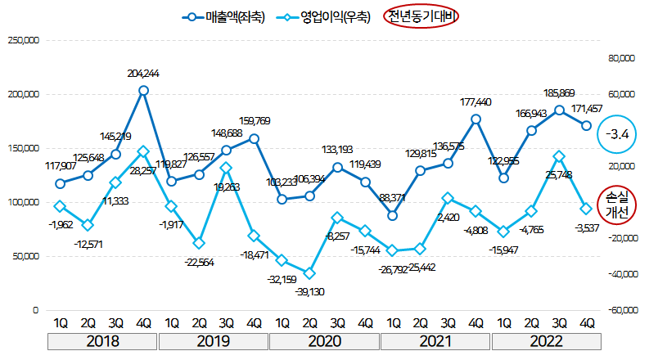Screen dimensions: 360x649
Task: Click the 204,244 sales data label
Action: pos(143,74)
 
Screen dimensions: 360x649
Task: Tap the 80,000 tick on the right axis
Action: pos(620,58)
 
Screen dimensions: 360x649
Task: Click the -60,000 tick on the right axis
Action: pos(619,311)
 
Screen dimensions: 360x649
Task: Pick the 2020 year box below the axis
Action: pos(325,340)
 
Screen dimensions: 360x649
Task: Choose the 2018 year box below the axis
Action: pos(102,340)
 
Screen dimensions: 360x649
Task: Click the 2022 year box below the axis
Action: pos(546,340)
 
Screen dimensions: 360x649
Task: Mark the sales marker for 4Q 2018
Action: pos(143,90)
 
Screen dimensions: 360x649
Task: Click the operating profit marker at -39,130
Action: pos(309,273)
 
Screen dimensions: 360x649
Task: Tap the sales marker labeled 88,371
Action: pos(393,215)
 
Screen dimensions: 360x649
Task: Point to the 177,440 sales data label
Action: pos(476,102)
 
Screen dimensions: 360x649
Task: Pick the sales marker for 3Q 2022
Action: pos(559,110)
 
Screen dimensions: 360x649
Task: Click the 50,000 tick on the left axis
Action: pos(25,256)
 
